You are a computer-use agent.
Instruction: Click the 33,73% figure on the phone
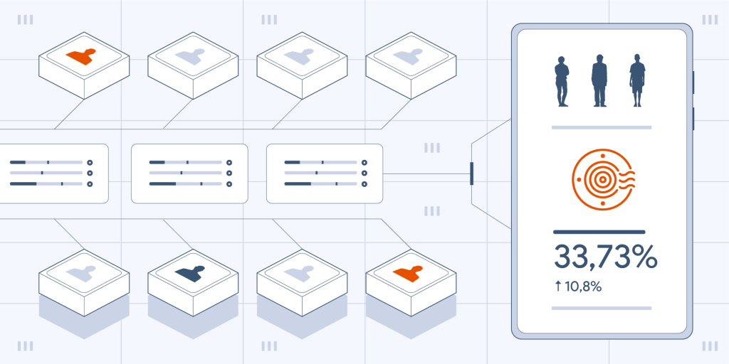605,257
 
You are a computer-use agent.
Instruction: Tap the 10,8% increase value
583,287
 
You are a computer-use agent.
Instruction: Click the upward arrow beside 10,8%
558,287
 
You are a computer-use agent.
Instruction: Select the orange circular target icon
603,179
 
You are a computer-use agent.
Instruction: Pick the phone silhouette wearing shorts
637,80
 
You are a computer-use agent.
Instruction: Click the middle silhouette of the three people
599,80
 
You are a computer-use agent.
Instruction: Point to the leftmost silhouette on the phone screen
562,81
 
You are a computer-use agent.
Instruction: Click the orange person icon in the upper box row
80,56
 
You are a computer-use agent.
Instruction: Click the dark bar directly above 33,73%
599,232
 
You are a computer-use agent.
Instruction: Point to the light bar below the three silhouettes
602,127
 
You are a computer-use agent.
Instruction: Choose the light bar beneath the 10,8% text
602,308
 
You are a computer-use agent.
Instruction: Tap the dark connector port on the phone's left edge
471,173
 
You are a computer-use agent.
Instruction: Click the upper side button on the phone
693,82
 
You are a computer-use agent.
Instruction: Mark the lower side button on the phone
693,119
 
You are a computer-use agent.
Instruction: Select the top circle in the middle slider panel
229,163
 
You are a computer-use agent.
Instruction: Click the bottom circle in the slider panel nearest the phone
364,184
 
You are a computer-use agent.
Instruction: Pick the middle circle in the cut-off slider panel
90,173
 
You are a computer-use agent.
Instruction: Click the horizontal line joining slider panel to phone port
426,173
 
